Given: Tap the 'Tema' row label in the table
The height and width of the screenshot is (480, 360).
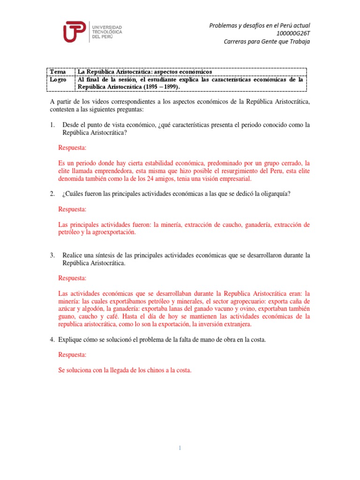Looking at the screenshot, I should coord(58,72).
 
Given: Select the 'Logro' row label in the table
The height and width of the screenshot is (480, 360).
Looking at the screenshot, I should coord(59,79).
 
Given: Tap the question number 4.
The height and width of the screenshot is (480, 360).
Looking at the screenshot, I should coord(52,339).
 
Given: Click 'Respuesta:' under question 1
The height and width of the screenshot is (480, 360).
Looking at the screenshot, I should coord(72,148).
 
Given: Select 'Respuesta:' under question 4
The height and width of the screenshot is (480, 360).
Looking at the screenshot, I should coord(72,355).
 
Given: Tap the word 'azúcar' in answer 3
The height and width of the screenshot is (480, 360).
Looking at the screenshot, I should coord(67,309).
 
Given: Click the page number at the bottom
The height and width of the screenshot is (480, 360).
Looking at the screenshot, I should coord(180,448).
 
